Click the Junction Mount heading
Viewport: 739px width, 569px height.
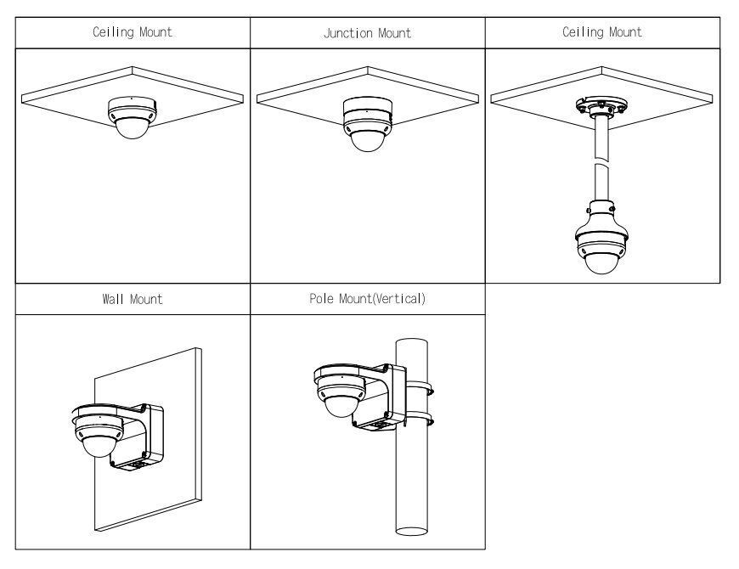pyautogui.click(x=367, y=34)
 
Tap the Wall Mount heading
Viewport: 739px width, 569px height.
pyautogui.click(x=133, y=300)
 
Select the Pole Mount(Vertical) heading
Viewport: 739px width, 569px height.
pyautogui.click(x=367, y=300)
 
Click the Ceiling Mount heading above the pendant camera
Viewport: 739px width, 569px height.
pyautogui.click(x=602, y=33)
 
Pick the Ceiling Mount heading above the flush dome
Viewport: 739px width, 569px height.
pyautogui.click(x=133, y=33)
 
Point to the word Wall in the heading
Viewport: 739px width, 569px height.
pyautogui.click(x=116, y=300)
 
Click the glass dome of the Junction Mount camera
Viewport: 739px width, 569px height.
pyautogui.click(x=367, y=139)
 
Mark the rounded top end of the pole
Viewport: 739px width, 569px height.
pyautogui.click(x=411, y=341)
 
